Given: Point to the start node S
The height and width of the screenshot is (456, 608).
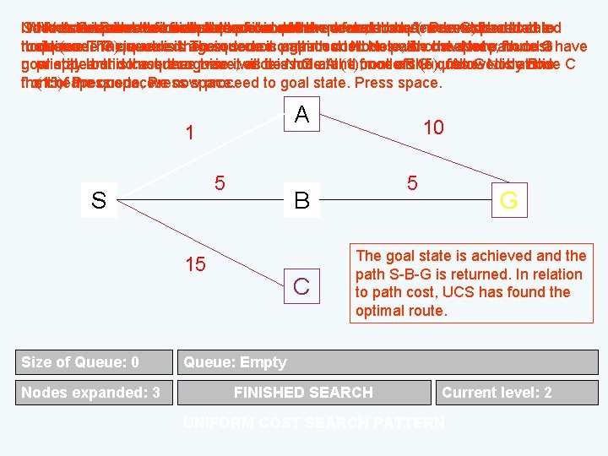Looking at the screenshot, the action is click(x=99, y=201).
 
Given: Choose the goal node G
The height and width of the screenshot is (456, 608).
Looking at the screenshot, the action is click(x=508, y=201).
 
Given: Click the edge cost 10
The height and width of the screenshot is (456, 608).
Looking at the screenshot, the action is click(x=433, y=127).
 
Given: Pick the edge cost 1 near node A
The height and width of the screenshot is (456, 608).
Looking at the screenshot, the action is click(x=191, y=133).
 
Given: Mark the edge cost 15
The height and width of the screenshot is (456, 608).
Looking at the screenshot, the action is click(x=195, y=264).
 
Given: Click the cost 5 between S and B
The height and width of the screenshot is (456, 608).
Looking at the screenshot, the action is click(x=220, y=182).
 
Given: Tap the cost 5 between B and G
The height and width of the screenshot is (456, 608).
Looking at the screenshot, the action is click(x=412, y=182).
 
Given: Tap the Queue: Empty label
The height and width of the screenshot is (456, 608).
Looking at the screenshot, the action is click(x=235, y=362).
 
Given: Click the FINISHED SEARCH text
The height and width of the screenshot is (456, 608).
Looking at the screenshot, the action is click(x=303, y=392).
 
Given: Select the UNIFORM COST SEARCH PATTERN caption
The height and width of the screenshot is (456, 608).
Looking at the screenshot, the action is click(x=314, y=422).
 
